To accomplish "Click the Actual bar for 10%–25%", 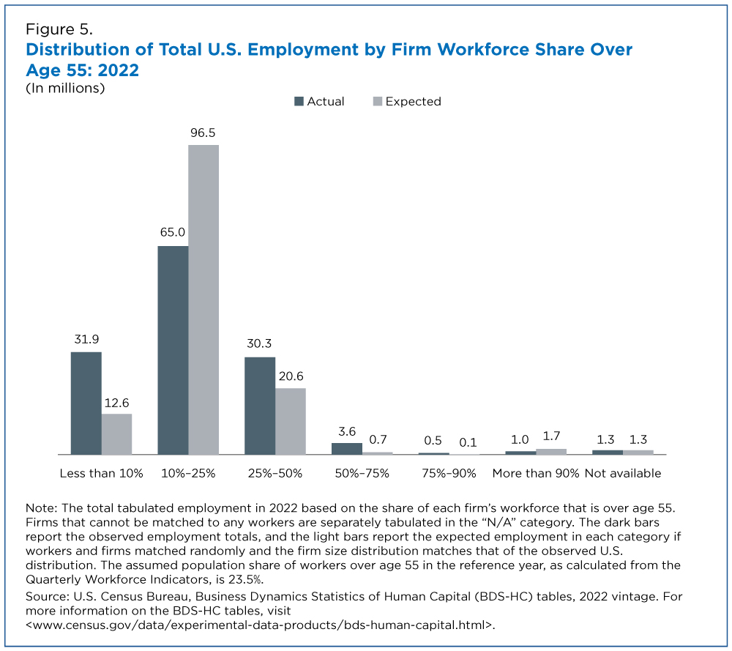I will (173, 350).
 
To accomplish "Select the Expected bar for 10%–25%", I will (203, 300).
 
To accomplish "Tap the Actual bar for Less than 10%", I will (86, 403).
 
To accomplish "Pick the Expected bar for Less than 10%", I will (116, 434).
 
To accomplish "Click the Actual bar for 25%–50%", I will (260, 406).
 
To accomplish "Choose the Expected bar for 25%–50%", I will (291, 421).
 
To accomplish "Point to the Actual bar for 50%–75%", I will (347, 448).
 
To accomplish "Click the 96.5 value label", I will (203, 133).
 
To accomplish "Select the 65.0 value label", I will (173, 234).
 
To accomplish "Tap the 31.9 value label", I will (86, 341).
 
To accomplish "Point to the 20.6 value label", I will (291, 376).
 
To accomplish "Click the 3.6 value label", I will (347, 431).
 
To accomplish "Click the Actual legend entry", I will (319, 102).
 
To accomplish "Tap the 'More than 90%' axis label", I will (536, 473).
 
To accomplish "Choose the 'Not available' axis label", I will (623, 473).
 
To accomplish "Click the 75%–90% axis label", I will (448, 473).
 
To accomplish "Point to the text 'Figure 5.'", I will (59, 30).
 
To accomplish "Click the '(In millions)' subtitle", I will (65, 88).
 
